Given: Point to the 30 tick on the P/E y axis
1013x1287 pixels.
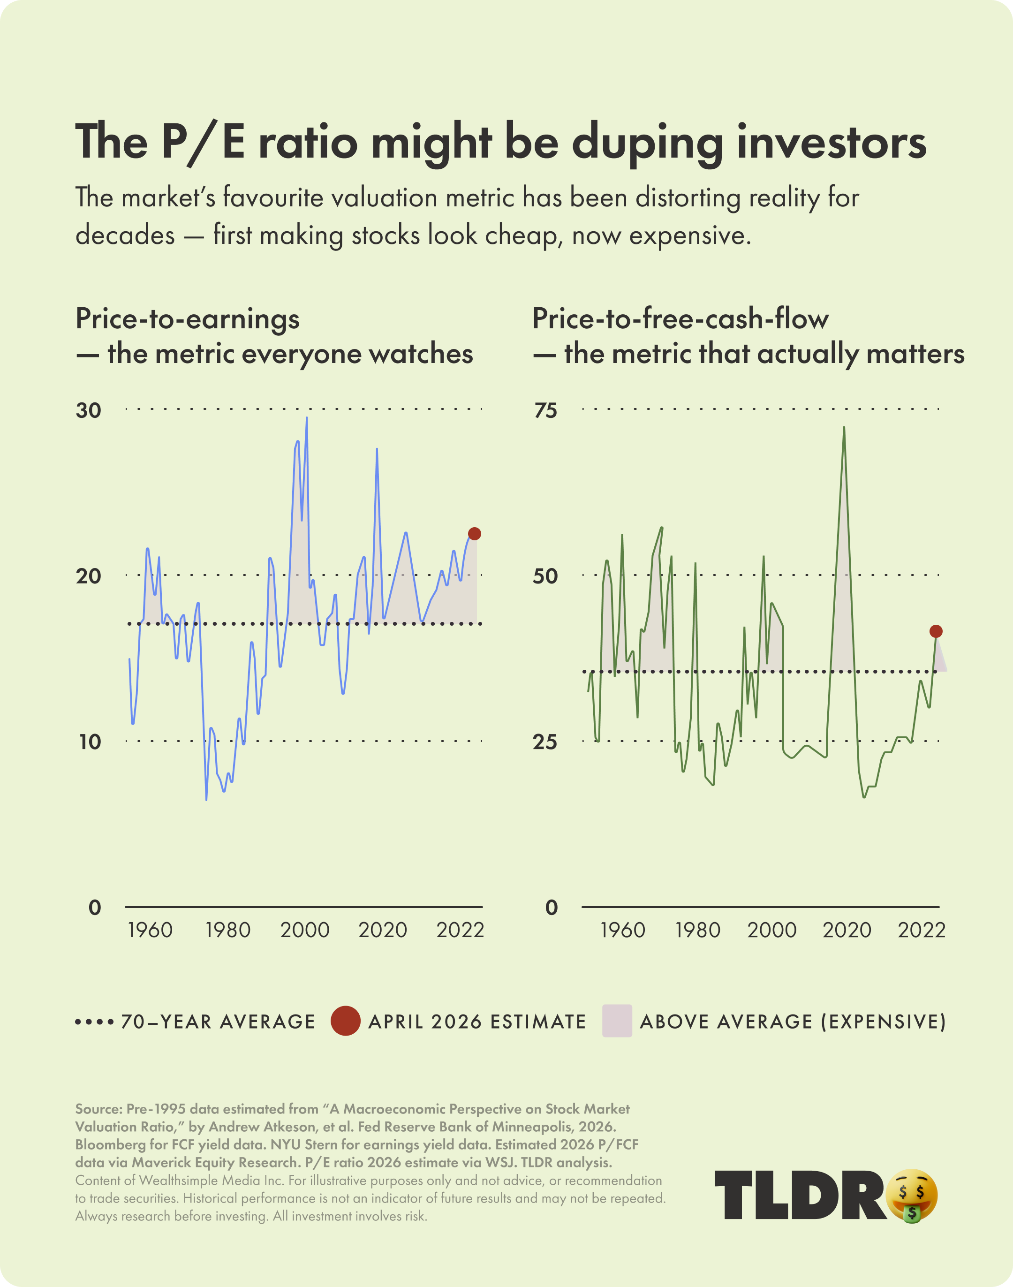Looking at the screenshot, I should coord(88,410).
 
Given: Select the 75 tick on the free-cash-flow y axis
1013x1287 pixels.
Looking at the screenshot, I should coord(545,410).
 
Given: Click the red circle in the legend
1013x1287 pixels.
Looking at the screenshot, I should coord(345,1021).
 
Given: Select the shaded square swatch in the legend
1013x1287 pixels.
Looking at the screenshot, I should coord(617,1021).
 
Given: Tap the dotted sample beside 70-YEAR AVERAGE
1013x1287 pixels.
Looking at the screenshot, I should coord(94,1022).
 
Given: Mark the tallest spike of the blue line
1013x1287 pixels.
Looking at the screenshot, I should coord(307,418).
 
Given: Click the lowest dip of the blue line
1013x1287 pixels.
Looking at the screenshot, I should coord(206,800).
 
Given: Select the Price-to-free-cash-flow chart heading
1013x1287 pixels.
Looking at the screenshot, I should coord(680,319).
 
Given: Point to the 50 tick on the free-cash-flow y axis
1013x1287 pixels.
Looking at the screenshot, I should coord(545,576).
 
